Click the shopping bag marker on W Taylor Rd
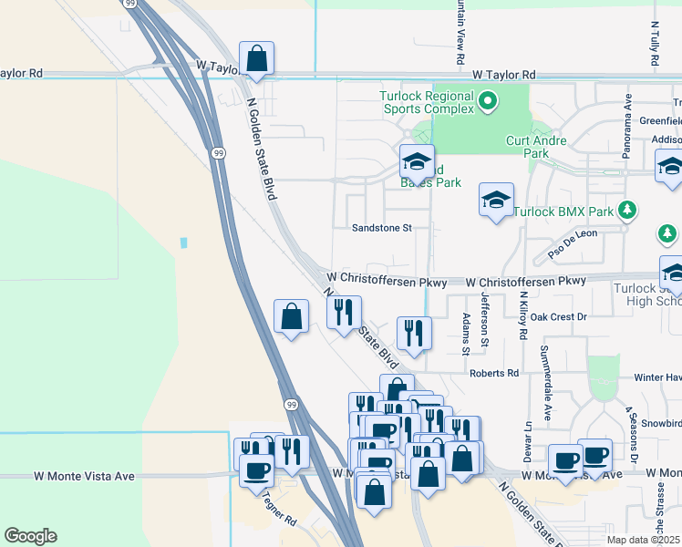point(257,60)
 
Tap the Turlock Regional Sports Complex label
point(428,102)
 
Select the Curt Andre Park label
point(537,147)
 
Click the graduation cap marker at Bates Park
point(417,162)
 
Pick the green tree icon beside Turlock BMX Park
point(627,211)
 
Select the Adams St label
point(466,333)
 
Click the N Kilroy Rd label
point(523,315)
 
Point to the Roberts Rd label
point(494,373)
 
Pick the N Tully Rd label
point(655,46)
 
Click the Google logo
point(30,536)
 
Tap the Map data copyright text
point(642,540)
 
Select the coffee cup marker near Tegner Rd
point(256,470)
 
